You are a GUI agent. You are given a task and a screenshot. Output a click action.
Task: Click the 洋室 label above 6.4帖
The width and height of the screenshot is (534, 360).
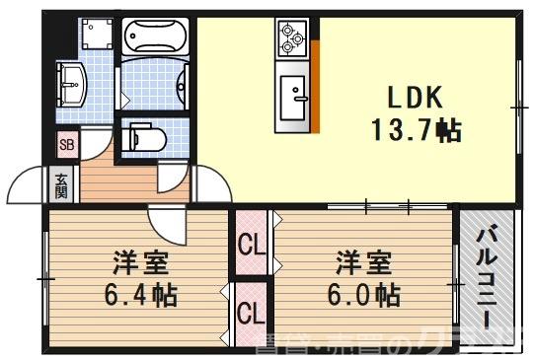point(138,263)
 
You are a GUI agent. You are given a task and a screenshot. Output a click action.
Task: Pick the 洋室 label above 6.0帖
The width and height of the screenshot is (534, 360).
point(363,263)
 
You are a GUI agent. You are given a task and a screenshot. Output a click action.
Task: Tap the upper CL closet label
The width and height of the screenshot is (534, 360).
point(252,244)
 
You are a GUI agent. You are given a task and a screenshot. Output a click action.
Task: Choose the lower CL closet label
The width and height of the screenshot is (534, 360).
point(252,316)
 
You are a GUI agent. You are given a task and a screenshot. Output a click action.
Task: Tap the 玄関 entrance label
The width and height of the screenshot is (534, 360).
point(61,183)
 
